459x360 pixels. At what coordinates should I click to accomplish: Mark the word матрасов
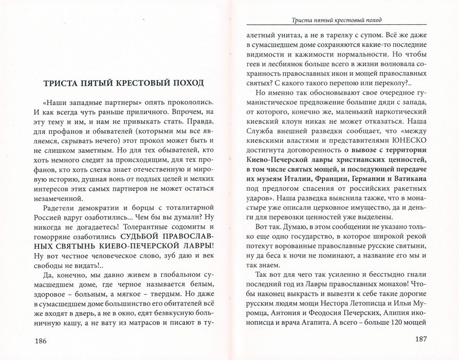[148, 322]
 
